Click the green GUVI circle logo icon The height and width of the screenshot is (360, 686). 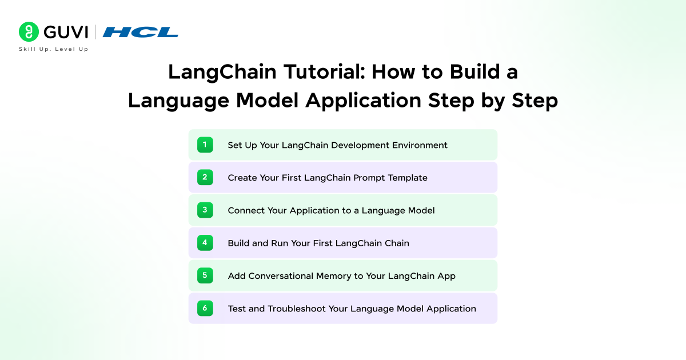pos(29,32)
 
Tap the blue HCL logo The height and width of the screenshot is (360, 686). pos(141,33)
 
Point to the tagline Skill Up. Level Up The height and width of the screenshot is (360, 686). pos(54,49)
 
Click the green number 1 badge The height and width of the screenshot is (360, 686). pos(205,145)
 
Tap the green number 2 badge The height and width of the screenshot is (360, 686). pos(205,178)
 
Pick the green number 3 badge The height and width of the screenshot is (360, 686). pos(205,210)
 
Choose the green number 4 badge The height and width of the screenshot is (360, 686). pos(205,243)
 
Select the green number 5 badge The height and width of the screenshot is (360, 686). pos(205,275)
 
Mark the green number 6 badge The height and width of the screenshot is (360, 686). pos(205,309)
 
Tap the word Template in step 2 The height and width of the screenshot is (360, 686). pos(408,178)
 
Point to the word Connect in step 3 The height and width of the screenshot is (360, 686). pos(246,210)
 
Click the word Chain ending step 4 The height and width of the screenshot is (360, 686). pos(396,243)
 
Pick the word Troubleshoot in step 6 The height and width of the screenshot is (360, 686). pos(296,309)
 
